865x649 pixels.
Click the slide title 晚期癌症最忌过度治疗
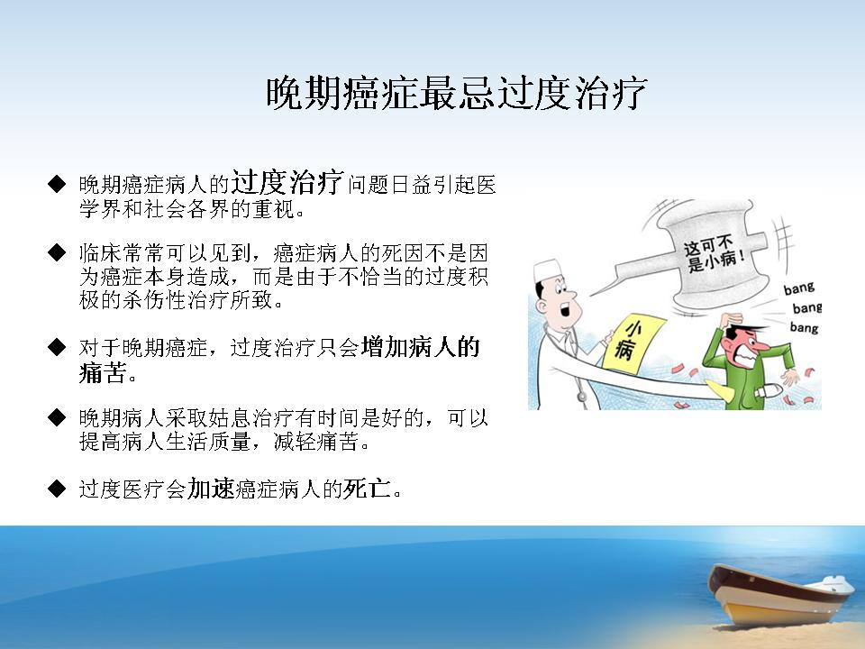[456, 93]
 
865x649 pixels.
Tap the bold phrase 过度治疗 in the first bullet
[287, 182]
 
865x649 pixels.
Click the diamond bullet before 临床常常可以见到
[57, 252]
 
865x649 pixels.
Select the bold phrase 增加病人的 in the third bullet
[420, 347]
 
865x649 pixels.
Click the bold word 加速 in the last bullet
[211, 489]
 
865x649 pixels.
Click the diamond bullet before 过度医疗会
[57, 489]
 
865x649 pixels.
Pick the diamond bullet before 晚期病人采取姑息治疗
[57, 417]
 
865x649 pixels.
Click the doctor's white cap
[547, 270]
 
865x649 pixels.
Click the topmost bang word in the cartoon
[799, 288]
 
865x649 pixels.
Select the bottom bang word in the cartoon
[804, 327]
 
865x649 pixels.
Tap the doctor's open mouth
[566, 310]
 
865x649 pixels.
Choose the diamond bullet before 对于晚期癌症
[57, 347]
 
